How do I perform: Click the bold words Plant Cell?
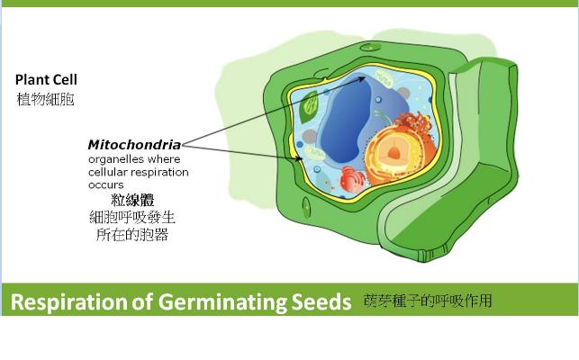[x=46, y=80]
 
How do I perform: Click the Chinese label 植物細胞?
[x=45, y=99]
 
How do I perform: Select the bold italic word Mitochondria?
[x=134, y=145]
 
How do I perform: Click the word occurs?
[x=106, y=185]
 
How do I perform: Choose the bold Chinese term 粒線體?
[x=132, y=200]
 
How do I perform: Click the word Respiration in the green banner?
[x=68, y=302]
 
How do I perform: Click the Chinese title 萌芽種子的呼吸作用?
[x=428, y=301]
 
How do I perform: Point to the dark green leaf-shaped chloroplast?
[x=309, y=107]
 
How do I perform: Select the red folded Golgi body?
[x=352, y=179]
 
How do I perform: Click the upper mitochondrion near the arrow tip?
[x=384, y=78]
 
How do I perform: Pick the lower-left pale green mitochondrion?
[x=314, y=152]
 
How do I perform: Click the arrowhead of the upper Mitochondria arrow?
[x=363, y=78]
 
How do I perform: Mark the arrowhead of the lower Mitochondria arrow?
[x=300, y=159]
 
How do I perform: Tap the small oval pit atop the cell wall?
[x=367, y=48]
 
